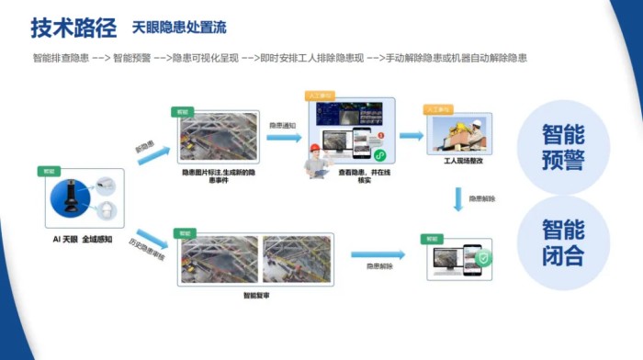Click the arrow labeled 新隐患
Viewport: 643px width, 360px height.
pyautogui.click(x=152, y=154)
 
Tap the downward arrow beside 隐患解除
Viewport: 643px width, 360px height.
pyautogui.click(x=458, y=198)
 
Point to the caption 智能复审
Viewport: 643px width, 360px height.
pyautogui.click(x=256, y=295)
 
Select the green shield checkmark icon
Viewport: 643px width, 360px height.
pyautogui.click(x=483, y=258)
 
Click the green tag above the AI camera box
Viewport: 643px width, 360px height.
pyautogui.click(x=47, y=171)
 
